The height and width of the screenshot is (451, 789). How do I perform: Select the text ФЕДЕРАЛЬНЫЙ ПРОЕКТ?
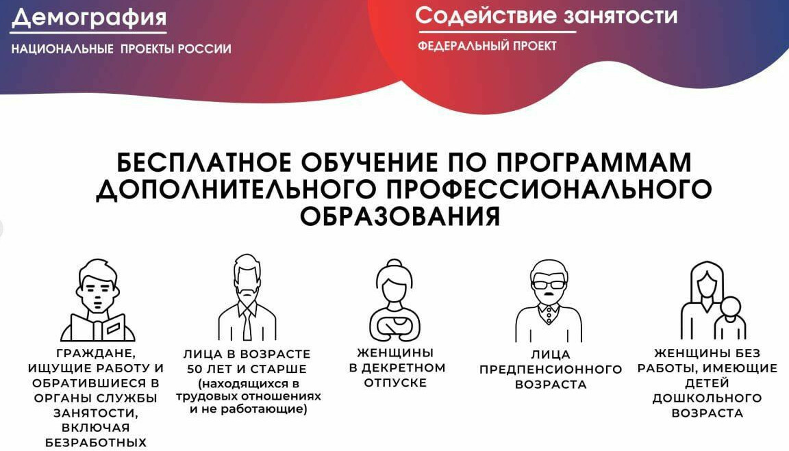click(x=487, y=46)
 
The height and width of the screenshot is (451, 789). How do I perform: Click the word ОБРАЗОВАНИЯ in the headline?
click(x=401, y=216)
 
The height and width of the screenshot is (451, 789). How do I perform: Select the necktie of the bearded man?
click(x=247, y=325)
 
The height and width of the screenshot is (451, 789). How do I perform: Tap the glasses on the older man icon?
click(x=549, y=284)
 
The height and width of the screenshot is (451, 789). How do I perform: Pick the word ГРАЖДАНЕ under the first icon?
click(x=96, y=354)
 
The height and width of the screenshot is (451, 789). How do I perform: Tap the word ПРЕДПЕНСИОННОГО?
click(x=551, y=370)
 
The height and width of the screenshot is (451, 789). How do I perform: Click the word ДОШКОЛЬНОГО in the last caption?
click(x=707, y=398)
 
